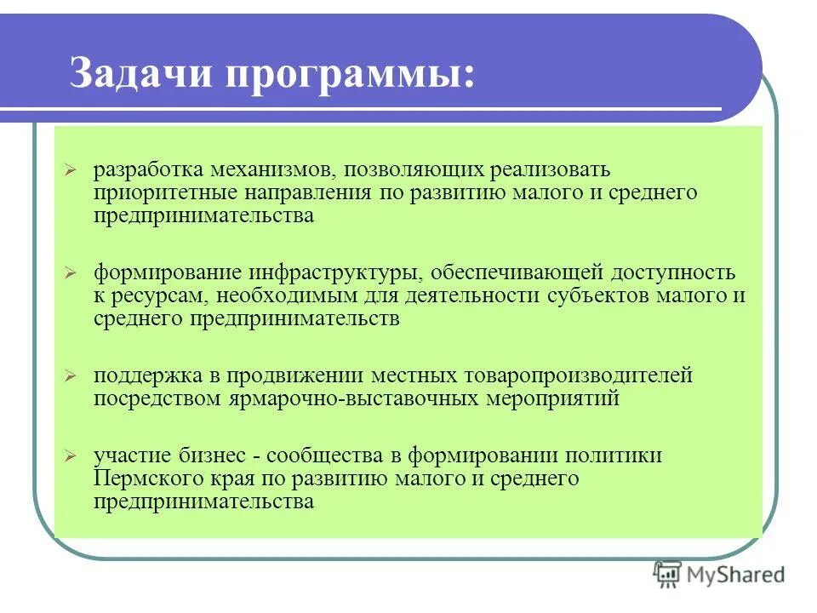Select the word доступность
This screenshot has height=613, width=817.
[x=670, y=273]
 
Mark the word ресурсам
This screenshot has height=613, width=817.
[x=158, y=296]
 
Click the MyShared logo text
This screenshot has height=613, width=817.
[x=736, y=576]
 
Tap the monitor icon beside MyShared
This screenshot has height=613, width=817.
[x=668, y=575]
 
